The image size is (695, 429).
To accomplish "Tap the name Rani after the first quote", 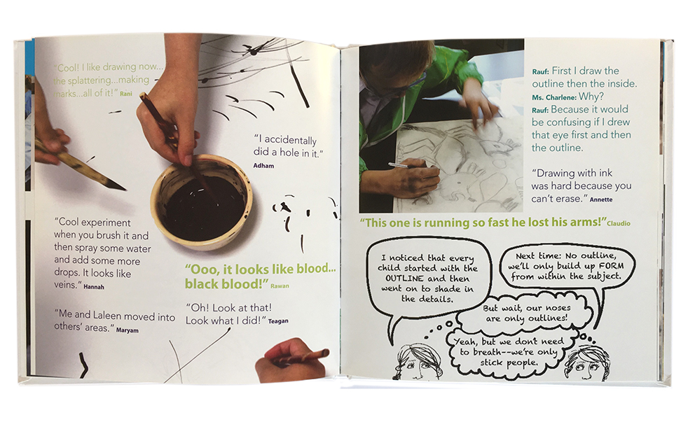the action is point(126,94).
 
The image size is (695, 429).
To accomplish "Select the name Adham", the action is point(263,166).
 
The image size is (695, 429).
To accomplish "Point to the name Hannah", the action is point(94,287).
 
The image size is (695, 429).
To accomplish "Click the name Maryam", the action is point(128,330).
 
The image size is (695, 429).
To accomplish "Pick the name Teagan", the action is point(278,321).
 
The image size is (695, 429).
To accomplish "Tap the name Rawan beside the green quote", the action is point(280,286).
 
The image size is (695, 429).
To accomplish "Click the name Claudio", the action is point(619,223).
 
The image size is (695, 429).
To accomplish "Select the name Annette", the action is point(601,199).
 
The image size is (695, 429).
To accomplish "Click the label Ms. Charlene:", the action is point(554,97).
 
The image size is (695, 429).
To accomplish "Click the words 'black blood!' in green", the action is point(223,284).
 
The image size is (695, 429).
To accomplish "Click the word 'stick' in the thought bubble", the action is point(492,363).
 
